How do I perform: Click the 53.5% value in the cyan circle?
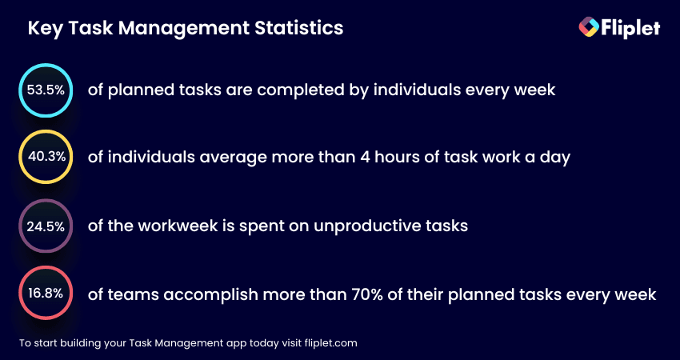click(46, 90)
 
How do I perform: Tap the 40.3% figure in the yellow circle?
click(47, 157)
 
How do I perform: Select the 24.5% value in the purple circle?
click(46, 226)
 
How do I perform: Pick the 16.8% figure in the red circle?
click(46, 294)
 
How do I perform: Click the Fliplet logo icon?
click(589, 27)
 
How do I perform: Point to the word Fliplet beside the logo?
click(630, 28)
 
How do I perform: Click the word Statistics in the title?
click(299, 28)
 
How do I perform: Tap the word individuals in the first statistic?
click(417, 90)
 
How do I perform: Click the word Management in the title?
click(184, 29)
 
